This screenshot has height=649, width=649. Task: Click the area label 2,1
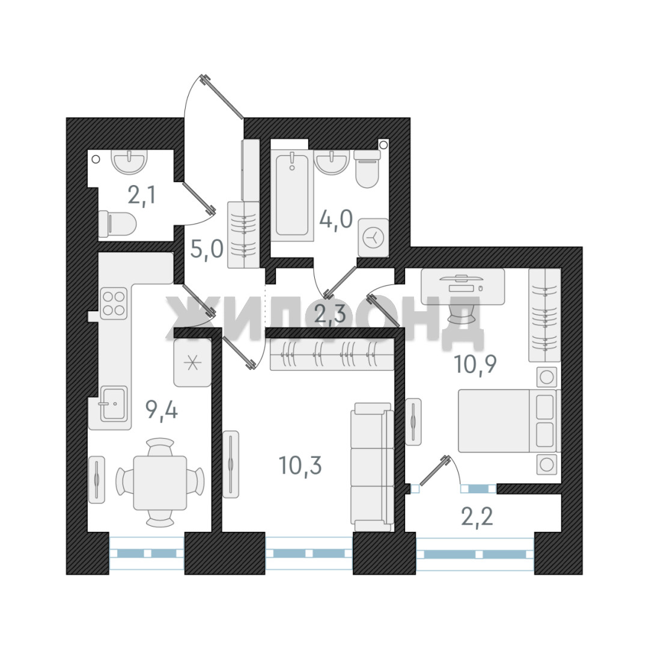142,195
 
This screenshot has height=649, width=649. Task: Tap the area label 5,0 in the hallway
207,249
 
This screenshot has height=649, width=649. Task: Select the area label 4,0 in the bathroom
336,219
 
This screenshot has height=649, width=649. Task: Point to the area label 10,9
475,364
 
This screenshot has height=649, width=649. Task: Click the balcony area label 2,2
477,516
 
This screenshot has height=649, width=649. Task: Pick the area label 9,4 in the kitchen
162,410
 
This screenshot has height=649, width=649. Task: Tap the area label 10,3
300,465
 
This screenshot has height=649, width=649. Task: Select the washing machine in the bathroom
373,237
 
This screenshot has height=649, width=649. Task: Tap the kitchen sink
114,404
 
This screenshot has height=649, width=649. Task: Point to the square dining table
160,483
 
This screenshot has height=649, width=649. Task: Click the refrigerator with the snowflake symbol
192,363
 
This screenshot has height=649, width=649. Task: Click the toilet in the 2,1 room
117,224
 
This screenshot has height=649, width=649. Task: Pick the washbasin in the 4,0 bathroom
332,162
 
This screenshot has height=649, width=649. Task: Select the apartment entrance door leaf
222,97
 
